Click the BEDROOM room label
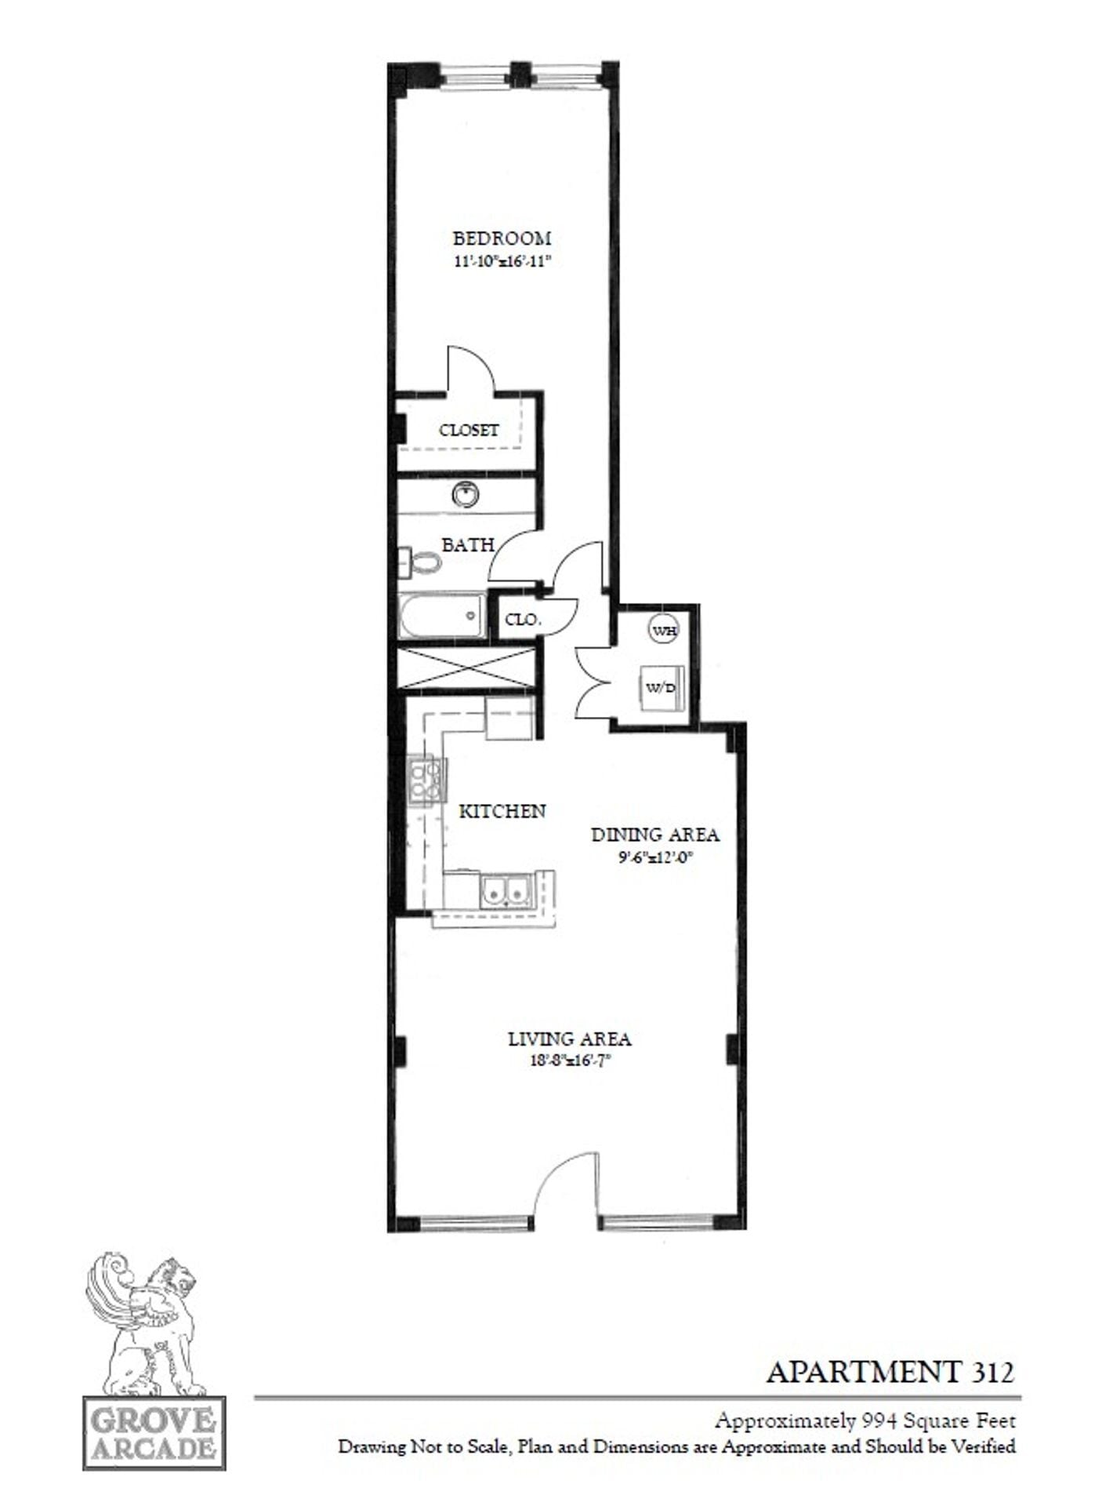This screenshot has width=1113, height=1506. point(502,238)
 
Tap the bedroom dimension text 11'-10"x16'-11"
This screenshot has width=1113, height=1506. point(502,262)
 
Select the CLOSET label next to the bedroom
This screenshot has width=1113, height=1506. point(469,431)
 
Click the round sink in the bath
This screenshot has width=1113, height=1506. point(466,495)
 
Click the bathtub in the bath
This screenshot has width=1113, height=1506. point(441,617)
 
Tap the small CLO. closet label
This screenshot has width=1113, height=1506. point(522,620)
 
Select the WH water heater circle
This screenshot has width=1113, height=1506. point(664,631)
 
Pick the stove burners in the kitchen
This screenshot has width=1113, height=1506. point(427,781)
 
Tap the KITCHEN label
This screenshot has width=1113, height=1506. point(502,811)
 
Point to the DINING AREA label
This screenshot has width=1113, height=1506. point(655,835)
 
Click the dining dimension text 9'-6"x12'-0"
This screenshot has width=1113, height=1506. point(655,858)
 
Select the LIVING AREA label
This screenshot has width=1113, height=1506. point(570,1039)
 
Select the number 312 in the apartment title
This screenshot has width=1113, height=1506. point(994,1373)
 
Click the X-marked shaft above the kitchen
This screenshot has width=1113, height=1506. point(467,668)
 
